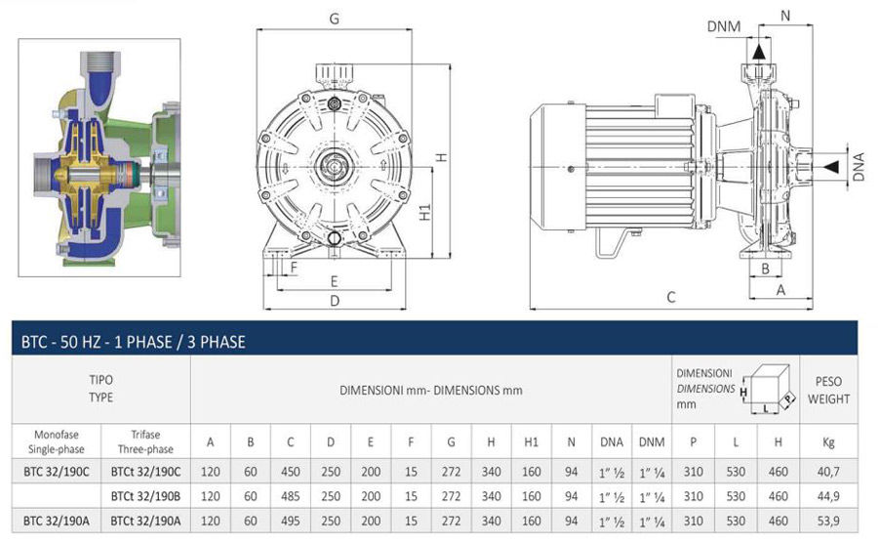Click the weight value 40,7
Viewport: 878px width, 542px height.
click(x=828, y=471)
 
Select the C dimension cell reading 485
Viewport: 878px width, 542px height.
click(x=291, y=495)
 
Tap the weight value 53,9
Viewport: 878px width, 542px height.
click(x=828, y=521)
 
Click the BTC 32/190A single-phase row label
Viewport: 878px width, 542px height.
click(x=56, y=521)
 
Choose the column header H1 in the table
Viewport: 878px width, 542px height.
click(x=532, y=442)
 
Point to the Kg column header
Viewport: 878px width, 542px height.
click(x=828, y=442)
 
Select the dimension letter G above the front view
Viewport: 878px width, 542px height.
click(x=334, y=17)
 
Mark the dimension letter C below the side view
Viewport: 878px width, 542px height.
click(x=670, y=297)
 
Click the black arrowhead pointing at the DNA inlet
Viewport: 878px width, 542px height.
click(x=830, y=168)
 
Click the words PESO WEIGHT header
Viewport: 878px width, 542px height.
click(x=828, y=391)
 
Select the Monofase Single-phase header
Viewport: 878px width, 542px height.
click(x=56, y=442)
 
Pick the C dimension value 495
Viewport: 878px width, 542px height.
click(x=291, y=521)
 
